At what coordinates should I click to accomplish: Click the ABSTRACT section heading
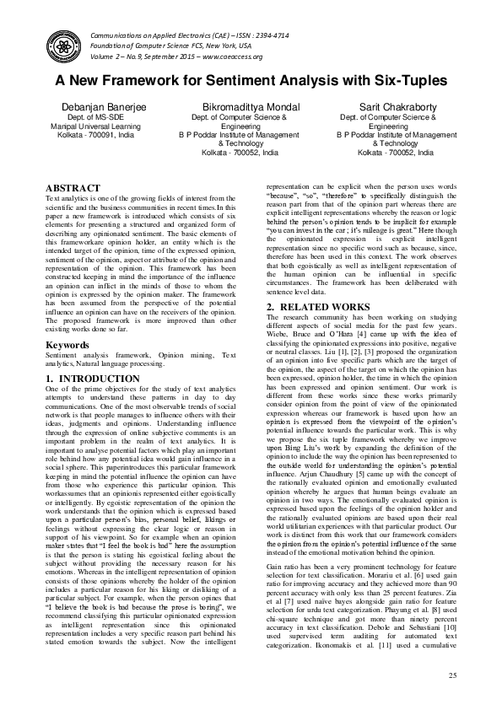pyautogui.click(x=73, y=188)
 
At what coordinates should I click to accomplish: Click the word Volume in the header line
pyautogui.click(x=102, y=56)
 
